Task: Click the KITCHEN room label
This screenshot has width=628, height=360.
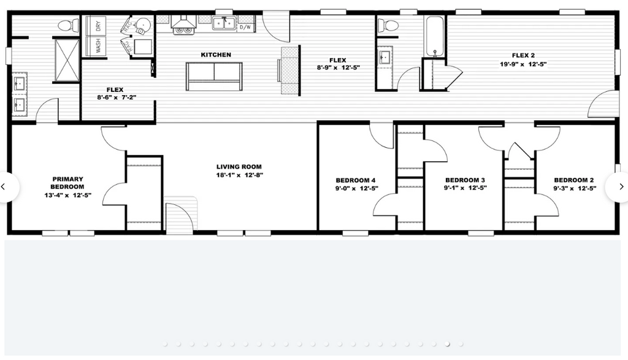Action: pos(216,55)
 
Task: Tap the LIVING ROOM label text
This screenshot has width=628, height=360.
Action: pos(239,167)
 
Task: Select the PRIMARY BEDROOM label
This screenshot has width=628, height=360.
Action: pos(67,183)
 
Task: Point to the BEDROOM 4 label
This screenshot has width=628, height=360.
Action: pos(356,180)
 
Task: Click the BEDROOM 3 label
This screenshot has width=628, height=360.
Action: pos(465,180)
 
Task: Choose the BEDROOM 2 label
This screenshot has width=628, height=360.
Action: pos(574,180)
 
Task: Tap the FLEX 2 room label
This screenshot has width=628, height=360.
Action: pos(523,56)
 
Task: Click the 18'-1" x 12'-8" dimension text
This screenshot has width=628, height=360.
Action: pos(240,175)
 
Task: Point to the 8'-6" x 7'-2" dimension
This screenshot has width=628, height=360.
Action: pos(117,98)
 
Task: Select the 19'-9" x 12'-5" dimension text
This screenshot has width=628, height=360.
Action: pos(523,64)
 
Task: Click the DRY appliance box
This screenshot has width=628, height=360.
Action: pos(96,26)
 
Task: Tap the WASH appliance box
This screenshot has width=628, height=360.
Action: pos(96,45)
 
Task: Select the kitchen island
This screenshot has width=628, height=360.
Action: pos(214,77)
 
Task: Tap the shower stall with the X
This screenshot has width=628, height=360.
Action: pos(67,60)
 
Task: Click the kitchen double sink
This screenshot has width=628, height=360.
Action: pos(224,24)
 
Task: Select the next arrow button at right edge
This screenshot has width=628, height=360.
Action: pos(619,186)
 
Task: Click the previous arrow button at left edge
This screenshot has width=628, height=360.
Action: pos(6,186)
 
